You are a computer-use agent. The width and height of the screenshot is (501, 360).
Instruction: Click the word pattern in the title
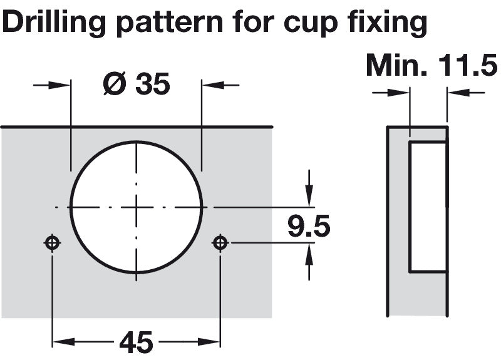[170, 23]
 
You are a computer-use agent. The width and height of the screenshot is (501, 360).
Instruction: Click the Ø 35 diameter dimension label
[137, 84]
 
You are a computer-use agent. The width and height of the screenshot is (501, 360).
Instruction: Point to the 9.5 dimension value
[309, 226]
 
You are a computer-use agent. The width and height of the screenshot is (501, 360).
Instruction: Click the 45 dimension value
[136, 342]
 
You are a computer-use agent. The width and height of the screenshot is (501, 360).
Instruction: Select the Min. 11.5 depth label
[431, 65]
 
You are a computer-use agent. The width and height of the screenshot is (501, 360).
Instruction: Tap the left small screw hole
[53, 243]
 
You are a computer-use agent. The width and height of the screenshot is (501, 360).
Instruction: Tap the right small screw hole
[220, 243]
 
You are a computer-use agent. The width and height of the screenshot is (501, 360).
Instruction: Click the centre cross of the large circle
[137, 207]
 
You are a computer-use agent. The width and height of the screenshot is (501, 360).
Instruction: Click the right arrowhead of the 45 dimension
[209, 342]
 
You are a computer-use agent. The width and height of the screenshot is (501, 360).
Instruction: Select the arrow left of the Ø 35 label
[51, 85]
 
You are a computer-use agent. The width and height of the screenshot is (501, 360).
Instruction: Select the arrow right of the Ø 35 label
[220, 85]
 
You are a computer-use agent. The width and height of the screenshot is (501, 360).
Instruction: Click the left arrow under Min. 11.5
[391, 93]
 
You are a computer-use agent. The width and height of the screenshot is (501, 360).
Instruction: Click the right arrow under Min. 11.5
[466, 93]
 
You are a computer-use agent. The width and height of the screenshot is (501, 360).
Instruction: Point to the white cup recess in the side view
[428, 207]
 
